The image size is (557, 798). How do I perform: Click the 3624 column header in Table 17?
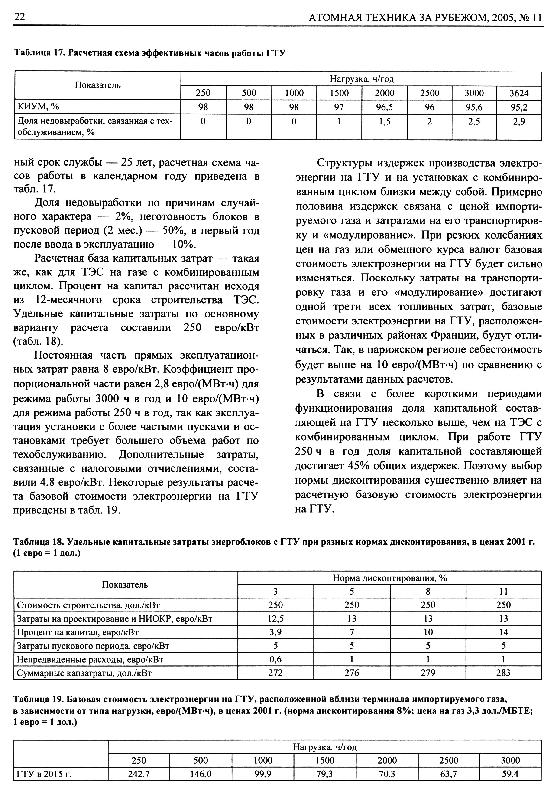519,93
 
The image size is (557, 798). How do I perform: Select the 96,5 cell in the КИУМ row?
384,107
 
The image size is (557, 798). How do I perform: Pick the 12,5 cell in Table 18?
276,619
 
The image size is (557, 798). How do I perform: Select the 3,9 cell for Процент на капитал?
276,632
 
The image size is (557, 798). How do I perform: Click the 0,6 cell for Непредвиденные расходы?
276,659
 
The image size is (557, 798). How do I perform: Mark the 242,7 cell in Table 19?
139,774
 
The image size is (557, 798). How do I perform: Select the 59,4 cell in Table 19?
510,774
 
